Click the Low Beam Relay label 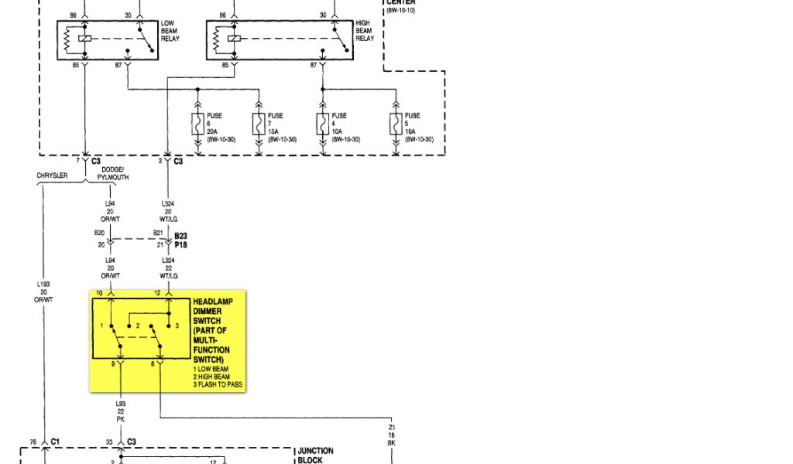[x=170, y=31]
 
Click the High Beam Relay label [x=365, y=31]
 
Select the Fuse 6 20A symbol [x=198, y=125]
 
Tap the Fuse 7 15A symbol [x=259, y=125]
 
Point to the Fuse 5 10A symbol [x=396, y=125]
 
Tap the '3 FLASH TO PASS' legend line [x=218, y=384]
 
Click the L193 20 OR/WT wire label [x=43, y=292]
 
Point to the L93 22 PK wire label [x=121, y=411]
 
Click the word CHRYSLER [x=52, y=176]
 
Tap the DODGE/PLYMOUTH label [x=113, y=174]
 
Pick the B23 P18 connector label [x=180, y=240]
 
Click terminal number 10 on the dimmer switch [x=98, y=292]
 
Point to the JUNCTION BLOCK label [x=316, y=455]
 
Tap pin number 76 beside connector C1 [x=33, y=443]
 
